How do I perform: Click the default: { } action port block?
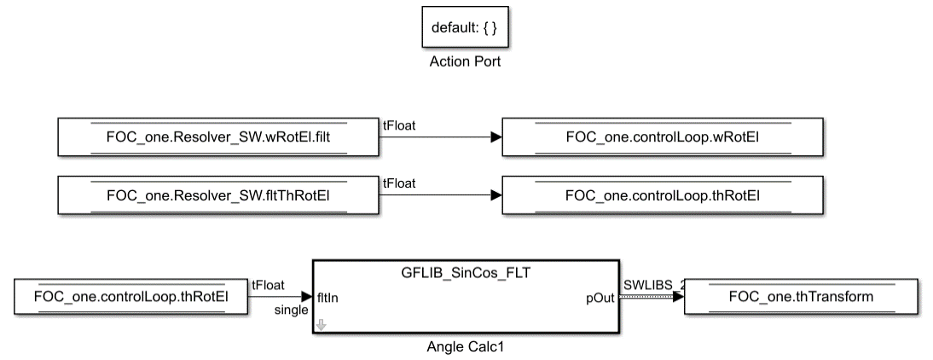tap(466, 28)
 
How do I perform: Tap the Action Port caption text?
tap(466, 63)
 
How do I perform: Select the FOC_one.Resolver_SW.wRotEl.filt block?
tap(217, 137)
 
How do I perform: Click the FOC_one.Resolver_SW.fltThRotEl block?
tap(217, 195)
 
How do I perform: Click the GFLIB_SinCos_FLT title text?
tap(466, 272)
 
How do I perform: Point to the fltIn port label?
tap(330, 299)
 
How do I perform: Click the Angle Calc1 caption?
tap(466, 348)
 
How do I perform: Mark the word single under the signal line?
tap(291, 311)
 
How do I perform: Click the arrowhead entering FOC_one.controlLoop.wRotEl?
tap(495, 137)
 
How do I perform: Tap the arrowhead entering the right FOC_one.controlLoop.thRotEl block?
tap(495, 195)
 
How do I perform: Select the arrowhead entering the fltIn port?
tap(307, 298)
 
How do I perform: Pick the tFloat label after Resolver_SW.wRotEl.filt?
tap(398, 125)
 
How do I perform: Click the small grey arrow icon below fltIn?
tap(322, 323)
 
